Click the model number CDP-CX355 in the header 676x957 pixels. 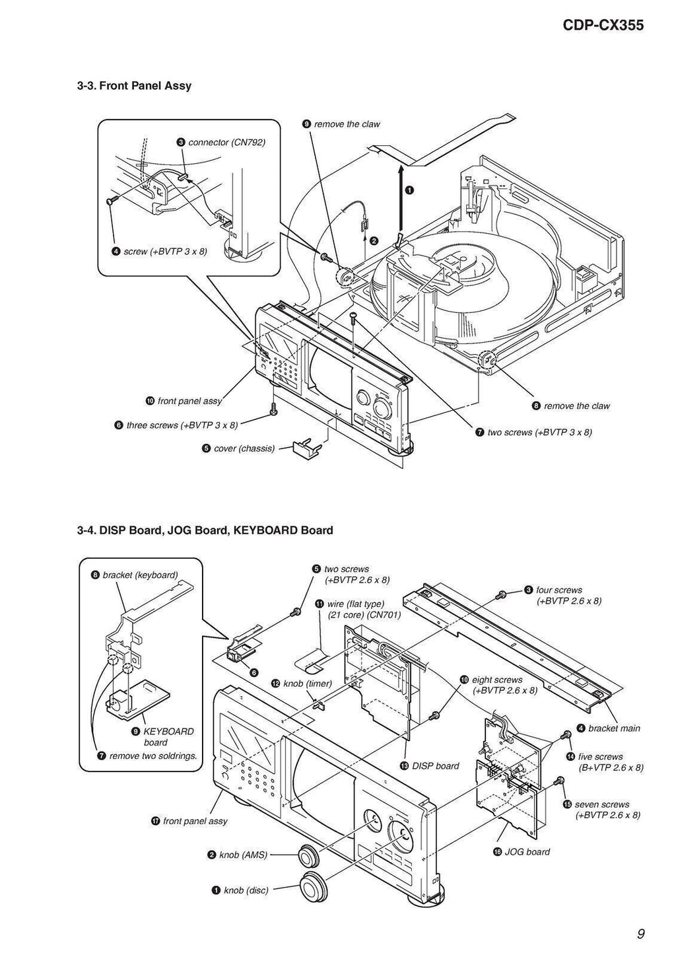coord(603,26)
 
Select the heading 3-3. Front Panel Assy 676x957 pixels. coord(135,85)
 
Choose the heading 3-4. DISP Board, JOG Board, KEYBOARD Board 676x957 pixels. coord(205,530)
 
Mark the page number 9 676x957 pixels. coord(640,933)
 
